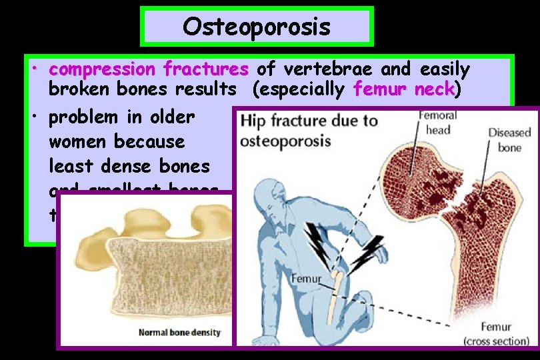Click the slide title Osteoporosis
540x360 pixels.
(x=257, y=27)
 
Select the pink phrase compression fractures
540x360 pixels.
(x=149, y=69)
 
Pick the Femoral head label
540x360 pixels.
(x=437, y=123)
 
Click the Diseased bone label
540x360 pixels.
(x=509, y=139)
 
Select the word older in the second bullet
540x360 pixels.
(x=170, y=117)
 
